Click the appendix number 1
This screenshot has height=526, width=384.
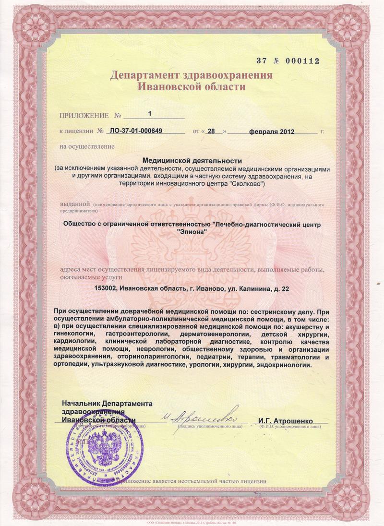pyautogui.click(x=149, y=114)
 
